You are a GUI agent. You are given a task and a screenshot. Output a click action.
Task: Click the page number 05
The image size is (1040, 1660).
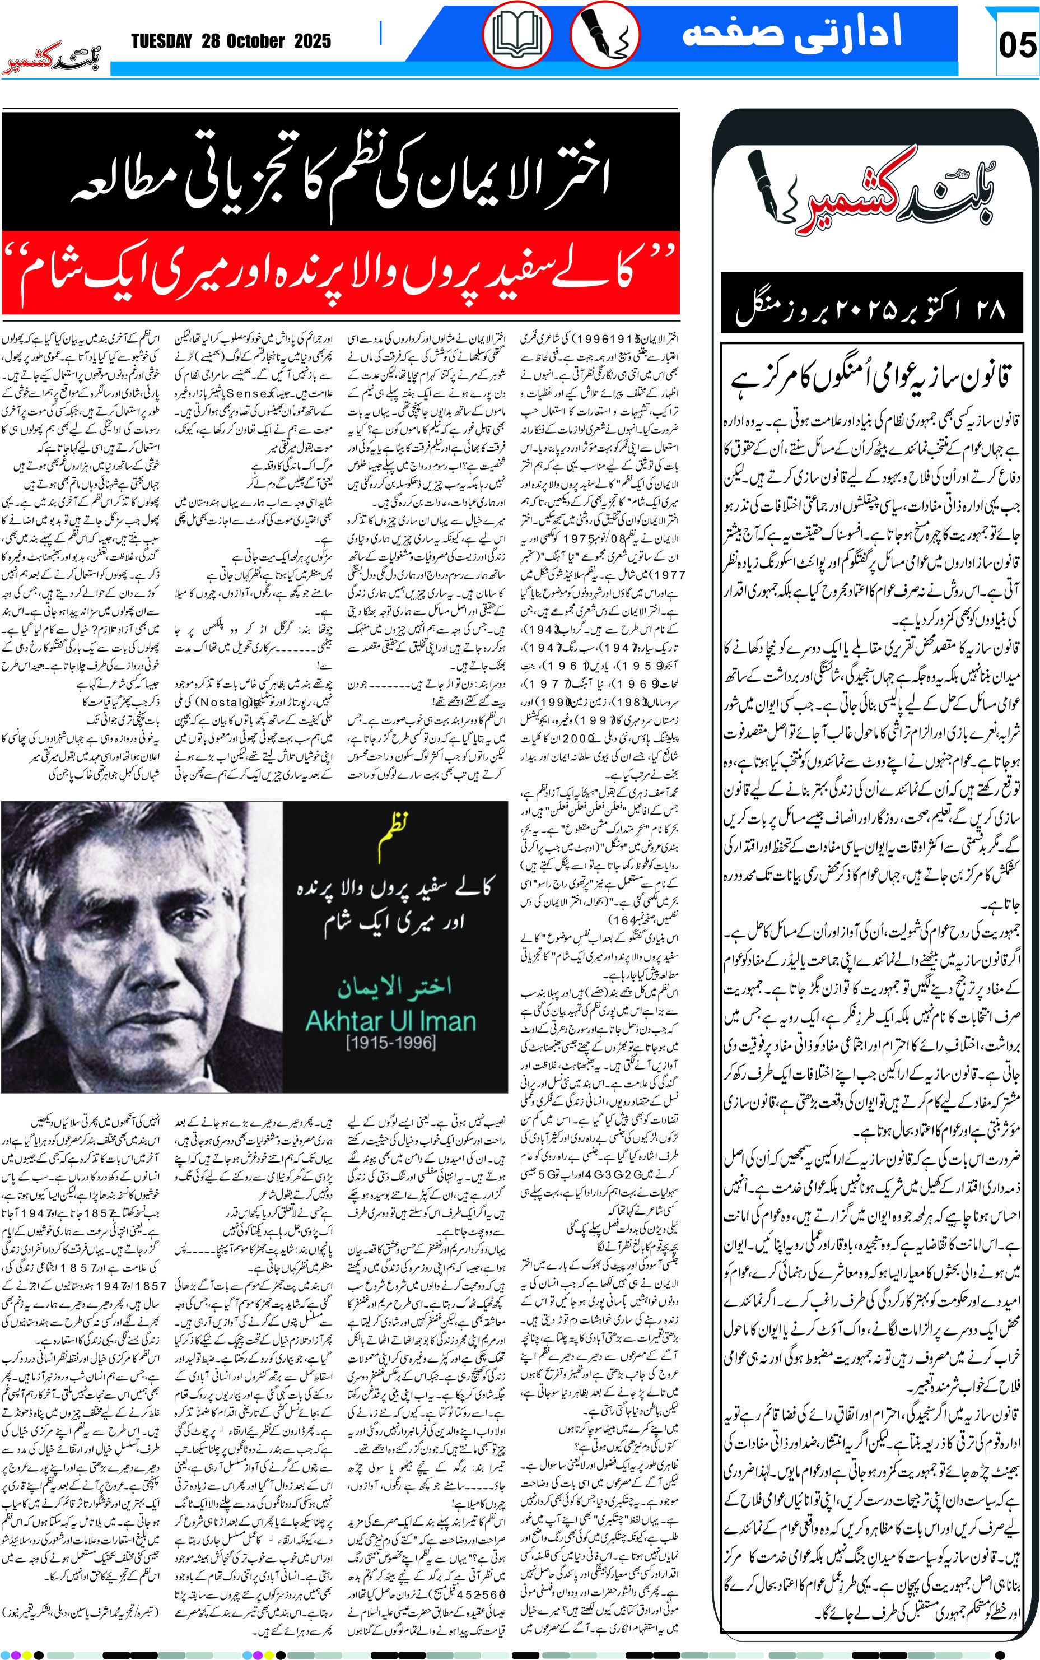(x=1016, y=45)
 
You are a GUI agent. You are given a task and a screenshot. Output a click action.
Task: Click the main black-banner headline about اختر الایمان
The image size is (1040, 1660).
(x=341, y=175)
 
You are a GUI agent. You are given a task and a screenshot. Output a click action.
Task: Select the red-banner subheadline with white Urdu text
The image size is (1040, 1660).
(x=341, y=273)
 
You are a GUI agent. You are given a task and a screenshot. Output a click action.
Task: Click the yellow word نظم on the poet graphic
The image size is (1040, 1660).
(x=394, y=833)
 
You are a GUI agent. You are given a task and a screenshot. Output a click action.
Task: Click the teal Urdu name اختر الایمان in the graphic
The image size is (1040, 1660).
(x=394, y=987)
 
